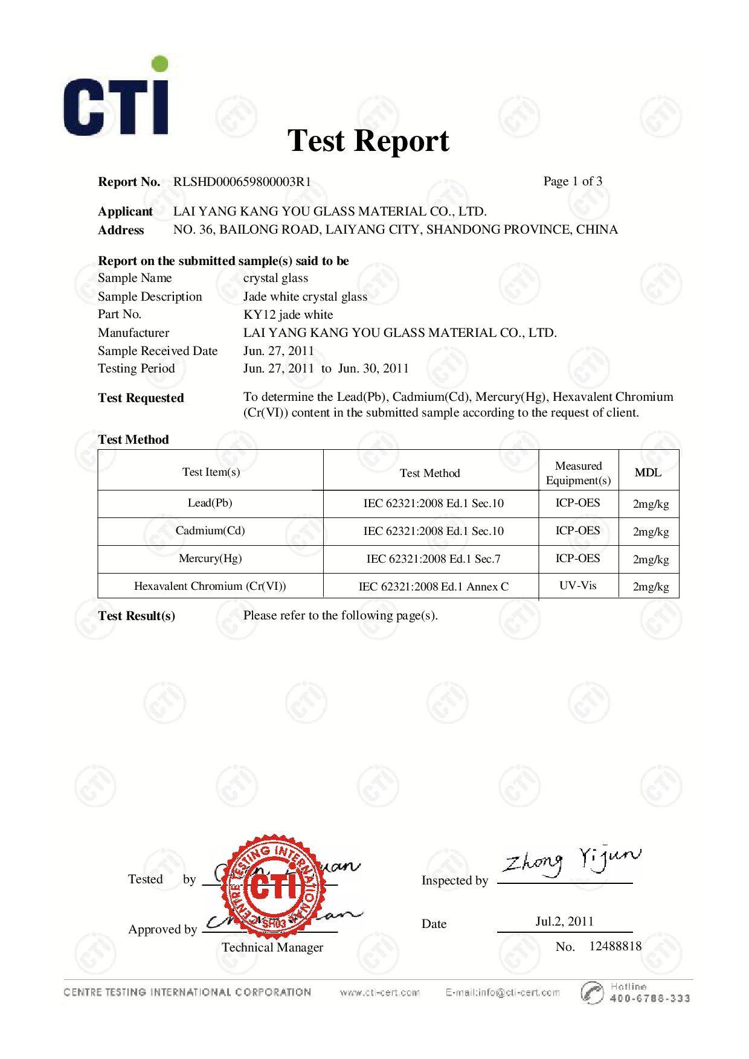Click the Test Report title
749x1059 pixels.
click(368, 141)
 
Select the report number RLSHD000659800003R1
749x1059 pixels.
click(242, 182)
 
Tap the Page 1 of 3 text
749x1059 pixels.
click(573, 181)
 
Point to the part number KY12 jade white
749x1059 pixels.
click(288, 315)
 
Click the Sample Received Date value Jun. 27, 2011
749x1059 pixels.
click(278, 351)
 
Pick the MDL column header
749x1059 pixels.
click(648, 472)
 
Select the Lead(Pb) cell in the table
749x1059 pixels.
click(210, 503)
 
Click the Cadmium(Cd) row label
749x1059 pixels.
click(210, 531)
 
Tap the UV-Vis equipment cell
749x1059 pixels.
click(578, 586)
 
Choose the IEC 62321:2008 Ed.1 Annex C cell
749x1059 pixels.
click(434, 586)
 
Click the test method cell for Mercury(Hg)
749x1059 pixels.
click(434, 558)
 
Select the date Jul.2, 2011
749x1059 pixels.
click(564, 921)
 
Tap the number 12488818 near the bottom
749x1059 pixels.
click(615, 946)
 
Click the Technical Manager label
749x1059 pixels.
click(272, 947)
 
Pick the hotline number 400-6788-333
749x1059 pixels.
click(650, 999)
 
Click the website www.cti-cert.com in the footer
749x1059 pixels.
click(379, 993)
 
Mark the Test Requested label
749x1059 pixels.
click(141, 398)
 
